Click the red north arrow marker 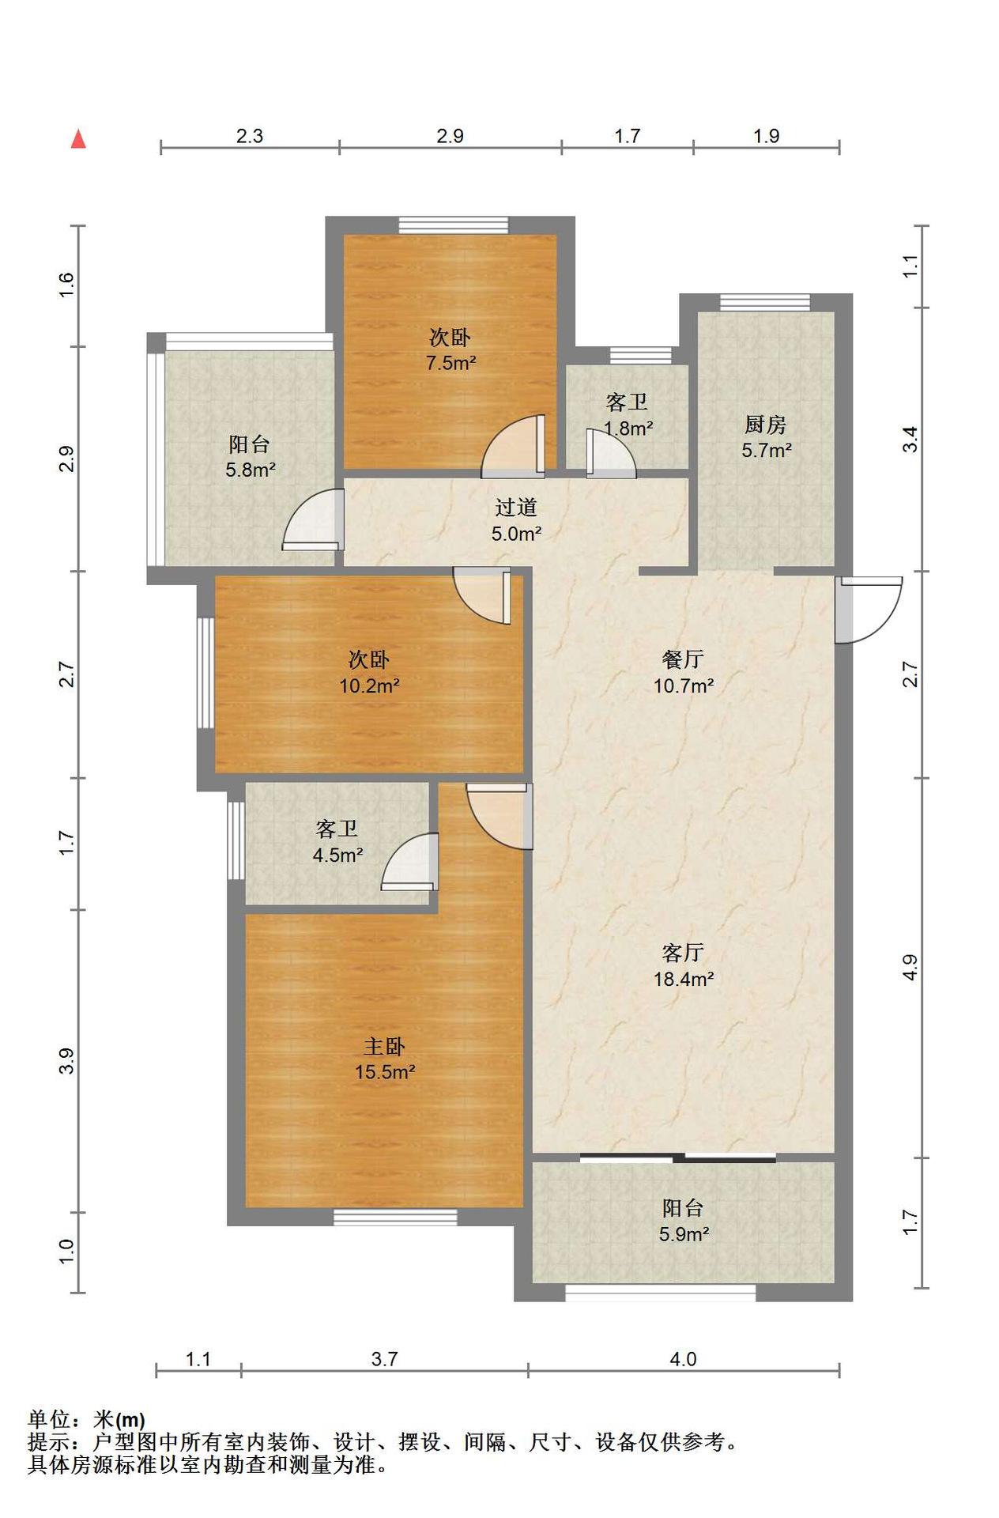point(78,139)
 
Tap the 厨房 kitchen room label point(765,425)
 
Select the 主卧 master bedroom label point(384,1046)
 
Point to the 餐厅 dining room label point(683,659)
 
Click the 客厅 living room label point(683,953)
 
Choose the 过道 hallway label point(516,507)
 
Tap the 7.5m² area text point(450,364)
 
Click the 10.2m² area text point(369,685)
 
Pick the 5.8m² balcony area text point(250,470)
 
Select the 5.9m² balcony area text point(684,1234)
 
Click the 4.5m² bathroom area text point(337,855)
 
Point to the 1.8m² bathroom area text point(628,429)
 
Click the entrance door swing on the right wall point(869,610)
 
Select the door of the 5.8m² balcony point(314,519)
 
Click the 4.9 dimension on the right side point(910,968)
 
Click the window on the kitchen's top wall point(765,303)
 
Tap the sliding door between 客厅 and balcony point(678,1158)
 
